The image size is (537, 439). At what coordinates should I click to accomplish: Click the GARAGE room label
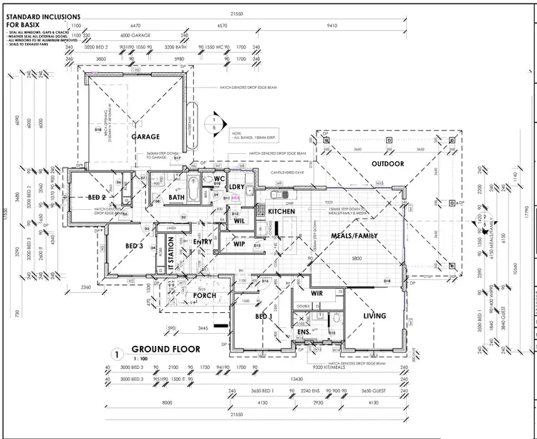(145, 136)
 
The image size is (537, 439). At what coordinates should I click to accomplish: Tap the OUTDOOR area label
(387, 164)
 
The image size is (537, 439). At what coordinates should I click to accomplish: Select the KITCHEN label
(282, 211)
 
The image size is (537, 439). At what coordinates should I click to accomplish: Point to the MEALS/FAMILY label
(354, 236)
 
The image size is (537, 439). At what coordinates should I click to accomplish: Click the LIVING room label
(374, 315)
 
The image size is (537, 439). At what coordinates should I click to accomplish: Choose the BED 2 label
(97, 197)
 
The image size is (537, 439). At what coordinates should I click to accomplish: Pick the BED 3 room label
(135, 246)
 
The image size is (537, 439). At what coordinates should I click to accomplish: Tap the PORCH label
(205, 295)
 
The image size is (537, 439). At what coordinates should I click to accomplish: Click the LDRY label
(237, 187)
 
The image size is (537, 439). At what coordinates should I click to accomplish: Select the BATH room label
(177, 197)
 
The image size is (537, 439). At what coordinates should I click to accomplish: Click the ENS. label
(303, 332)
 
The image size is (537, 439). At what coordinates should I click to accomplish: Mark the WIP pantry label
(240, 243)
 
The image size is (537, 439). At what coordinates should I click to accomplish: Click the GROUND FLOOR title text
(165, 349)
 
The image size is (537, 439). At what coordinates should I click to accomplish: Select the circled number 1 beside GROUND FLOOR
(115, 354)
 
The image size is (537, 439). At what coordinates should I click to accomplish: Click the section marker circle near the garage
(213, 123)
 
